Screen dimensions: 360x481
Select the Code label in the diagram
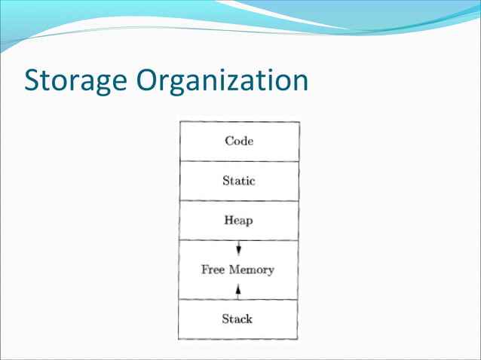pos(238,141)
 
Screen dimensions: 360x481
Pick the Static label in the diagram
pos(238,181)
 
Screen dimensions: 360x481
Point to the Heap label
pos(238,221)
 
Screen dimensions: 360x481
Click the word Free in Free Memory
pos(214,270)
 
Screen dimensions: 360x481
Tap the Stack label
pos(237,319)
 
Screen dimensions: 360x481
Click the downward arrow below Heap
pos(238,249)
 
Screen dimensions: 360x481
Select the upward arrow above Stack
pos(238,289)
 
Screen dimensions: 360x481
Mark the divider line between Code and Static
pos(238,161)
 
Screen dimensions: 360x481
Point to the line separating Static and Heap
pos(238,200)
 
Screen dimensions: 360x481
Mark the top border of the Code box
pos(238,122)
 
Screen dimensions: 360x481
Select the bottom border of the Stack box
pos(238,339)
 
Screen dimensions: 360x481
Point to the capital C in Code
pos(228,141)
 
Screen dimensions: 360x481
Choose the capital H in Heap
pos(228,221)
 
